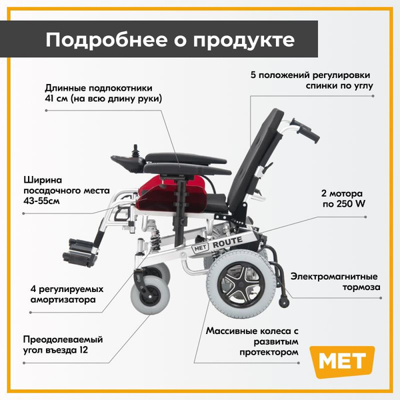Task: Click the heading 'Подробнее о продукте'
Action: point(170,40)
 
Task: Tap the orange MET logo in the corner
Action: point(342,361)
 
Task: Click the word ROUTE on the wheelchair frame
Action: point(227,242)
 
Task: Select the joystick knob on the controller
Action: point(135,149)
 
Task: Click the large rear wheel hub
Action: point(240,284)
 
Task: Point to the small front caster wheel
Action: point(150,296)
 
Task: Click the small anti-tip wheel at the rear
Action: point(284,301)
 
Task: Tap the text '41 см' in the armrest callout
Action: point(56,99)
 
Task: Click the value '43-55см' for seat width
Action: point(41,201)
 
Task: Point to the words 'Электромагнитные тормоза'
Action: point(335,281)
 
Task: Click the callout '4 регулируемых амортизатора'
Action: point(67,294)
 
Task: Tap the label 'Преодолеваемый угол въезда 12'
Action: point(63,345)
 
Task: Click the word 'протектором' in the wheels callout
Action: point(269,352)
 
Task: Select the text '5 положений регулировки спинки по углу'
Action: point(312,81)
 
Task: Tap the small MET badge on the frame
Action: point(200,248)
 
